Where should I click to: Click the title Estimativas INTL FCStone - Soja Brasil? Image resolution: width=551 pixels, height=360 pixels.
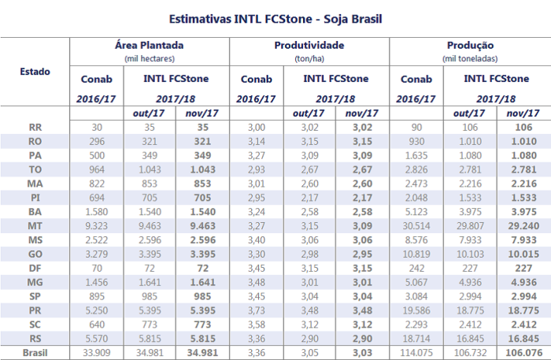click(275, 17)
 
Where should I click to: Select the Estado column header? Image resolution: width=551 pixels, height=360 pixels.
click(35, 72)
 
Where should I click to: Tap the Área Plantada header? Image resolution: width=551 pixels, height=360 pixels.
click(150, 46)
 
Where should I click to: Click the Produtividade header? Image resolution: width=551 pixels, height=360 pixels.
click(309, 46)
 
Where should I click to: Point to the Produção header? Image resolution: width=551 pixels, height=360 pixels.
click(469, 46)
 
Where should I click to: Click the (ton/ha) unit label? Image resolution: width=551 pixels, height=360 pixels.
click(309, 58)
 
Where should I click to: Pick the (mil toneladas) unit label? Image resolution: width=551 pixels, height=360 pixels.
click(469, 58)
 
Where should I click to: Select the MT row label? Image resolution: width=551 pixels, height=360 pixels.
click(35, 226)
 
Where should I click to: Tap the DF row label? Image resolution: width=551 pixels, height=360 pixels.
click(35, 269)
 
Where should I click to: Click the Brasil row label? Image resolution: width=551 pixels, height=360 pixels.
click(35, 352)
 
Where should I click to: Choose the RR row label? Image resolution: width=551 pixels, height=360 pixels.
click(35, 127)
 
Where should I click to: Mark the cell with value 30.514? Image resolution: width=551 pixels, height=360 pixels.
click(416, 226)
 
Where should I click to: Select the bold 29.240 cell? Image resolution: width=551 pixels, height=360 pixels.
click(523, 226)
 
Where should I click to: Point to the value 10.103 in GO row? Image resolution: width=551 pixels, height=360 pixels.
click(470, 254)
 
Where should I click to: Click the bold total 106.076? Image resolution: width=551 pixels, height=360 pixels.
click(523, 352)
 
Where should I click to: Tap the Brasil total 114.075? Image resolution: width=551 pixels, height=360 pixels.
click(416, 352)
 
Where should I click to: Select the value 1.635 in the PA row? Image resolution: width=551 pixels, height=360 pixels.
click(416, 155)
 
